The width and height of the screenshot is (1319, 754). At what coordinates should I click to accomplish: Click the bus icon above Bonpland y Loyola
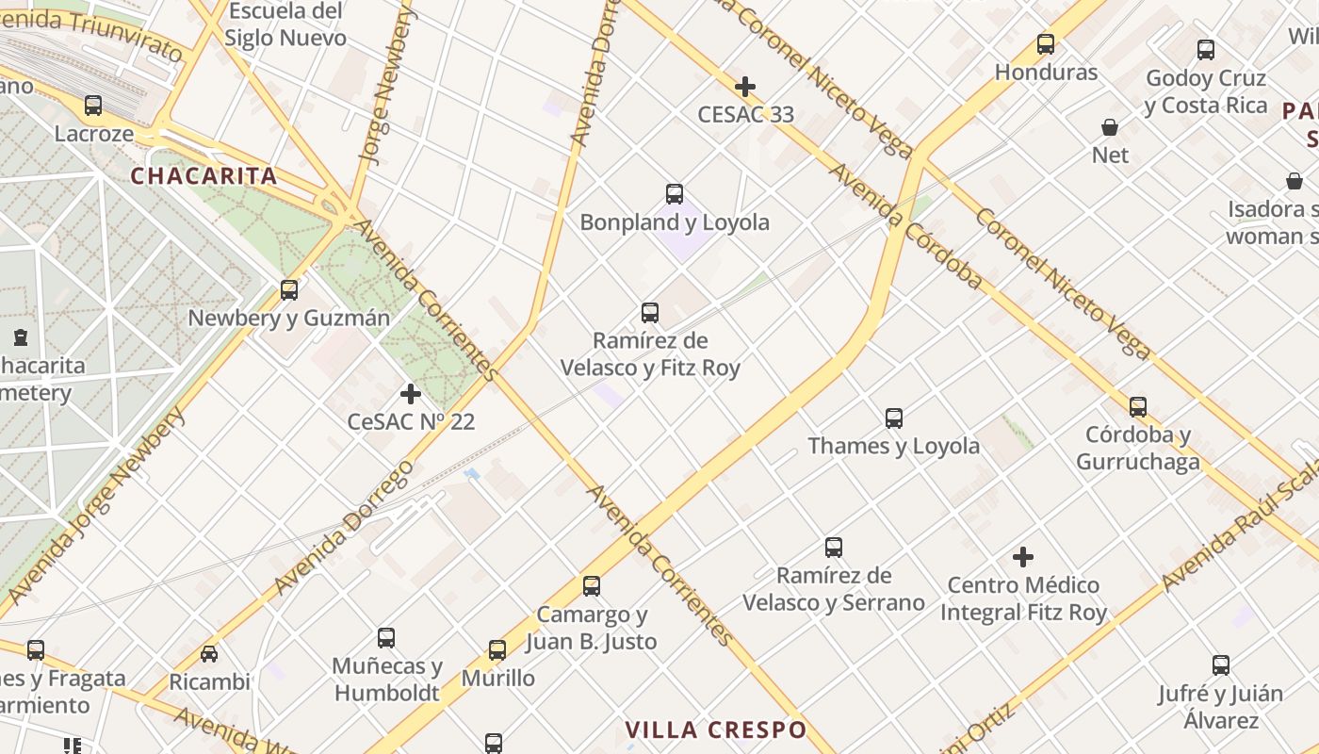click(675, 194)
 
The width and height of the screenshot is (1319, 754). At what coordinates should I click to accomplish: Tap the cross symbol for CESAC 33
click(745, 88)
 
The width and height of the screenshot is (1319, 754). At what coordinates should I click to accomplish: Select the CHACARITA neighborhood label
click(204, 176)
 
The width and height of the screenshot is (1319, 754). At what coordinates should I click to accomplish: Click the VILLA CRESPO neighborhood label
click(716, 729)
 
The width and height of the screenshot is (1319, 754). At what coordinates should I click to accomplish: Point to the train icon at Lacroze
click(92, 106)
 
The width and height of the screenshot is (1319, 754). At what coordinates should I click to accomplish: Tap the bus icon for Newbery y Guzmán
click(289, 290)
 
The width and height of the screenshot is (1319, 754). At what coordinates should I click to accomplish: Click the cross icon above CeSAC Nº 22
click(411, 394)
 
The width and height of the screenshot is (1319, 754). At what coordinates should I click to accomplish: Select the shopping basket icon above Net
click(1110, 127)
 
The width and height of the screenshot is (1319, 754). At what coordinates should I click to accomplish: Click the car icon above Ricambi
click(209, 653)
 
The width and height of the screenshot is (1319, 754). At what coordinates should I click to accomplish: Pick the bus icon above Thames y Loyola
click(894, 418)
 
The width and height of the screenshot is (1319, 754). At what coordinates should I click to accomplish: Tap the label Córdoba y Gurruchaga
click(1138, 449)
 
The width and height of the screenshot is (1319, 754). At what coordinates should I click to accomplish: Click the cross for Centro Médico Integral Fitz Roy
click(1023, 557)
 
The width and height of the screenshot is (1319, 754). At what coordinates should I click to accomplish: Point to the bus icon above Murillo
click(497, 650)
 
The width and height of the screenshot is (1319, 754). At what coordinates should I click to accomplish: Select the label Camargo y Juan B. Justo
click(591, 629)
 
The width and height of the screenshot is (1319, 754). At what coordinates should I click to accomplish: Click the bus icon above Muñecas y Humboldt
click(386, 638)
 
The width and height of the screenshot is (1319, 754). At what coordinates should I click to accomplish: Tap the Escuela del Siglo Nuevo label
click(285, 25)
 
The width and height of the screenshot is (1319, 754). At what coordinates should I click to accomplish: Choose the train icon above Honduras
click(1046, 44)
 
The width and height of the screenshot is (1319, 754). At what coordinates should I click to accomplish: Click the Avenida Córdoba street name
click(905, 226)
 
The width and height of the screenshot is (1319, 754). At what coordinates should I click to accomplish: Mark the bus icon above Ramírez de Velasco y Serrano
click(834, 548)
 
